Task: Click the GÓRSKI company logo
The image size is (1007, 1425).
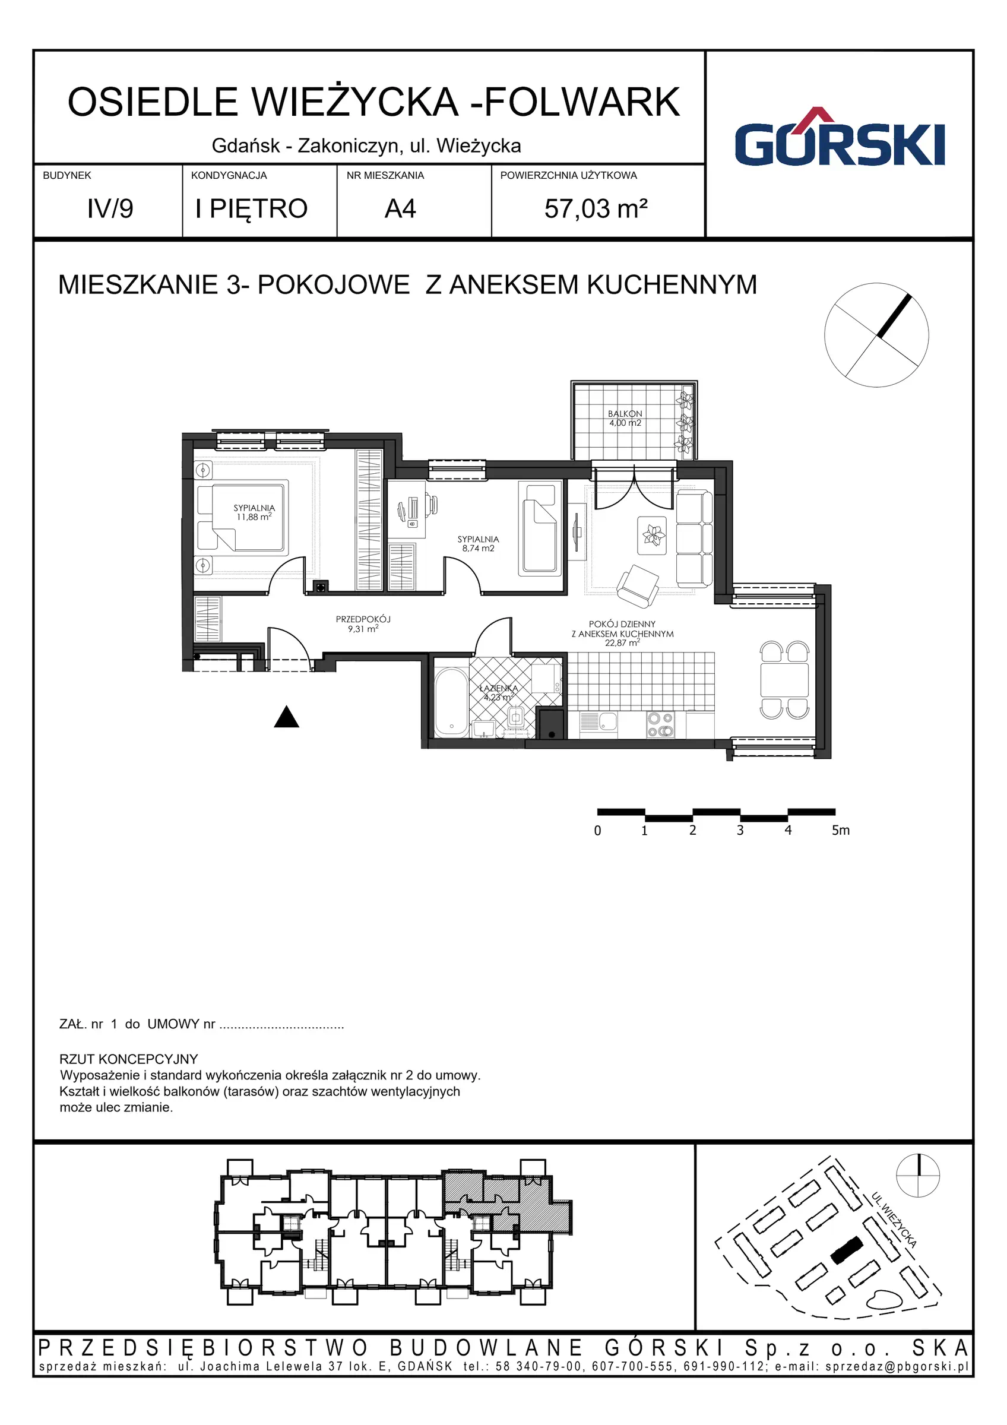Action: [x=840, y=140]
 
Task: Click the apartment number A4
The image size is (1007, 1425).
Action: [x=400, y=209]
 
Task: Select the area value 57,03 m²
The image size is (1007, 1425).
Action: [x=596, y=209]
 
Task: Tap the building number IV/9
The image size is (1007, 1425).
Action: [x=110, y=209]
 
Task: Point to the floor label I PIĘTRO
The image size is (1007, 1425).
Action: [x=251, y=209]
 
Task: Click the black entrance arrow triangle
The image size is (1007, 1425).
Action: [x=287, y=717]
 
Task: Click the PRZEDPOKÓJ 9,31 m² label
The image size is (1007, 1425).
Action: [x=363, y=624]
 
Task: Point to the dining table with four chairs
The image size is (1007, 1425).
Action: [x=784, y=680]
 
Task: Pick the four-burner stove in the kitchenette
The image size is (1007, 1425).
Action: [x=660, y=725]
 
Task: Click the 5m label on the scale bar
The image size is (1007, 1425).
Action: [x=840, y=831]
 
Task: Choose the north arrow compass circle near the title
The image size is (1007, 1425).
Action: [x=876, y=335]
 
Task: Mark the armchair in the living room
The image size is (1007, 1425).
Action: [x=637, y=585]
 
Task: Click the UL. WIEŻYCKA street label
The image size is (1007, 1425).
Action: [x=894, y=1220]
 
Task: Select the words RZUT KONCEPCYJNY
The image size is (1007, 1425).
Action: [x=128, y=1059]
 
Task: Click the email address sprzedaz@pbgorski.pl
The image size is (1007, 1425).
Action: [x=897, y=1366]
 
